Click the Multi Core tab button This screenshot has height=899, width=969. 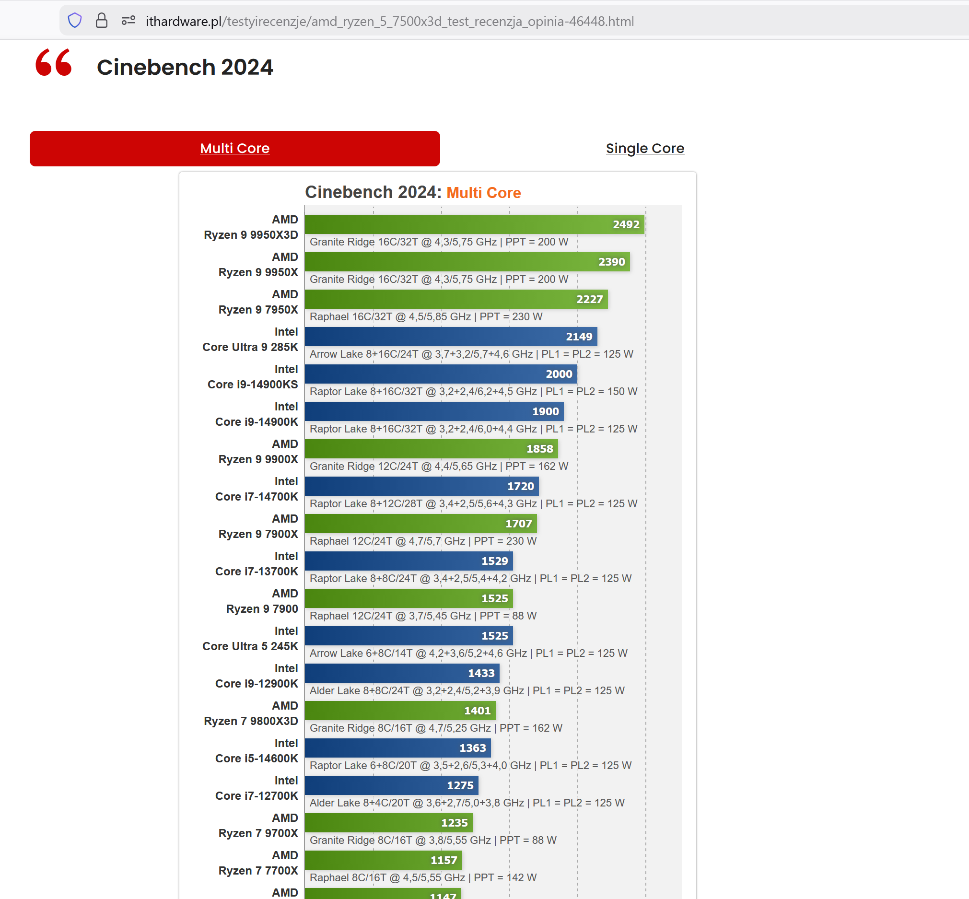234,148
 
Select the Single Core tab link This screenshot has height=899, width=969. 644,148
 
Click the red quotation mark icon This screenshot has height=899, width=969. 54,62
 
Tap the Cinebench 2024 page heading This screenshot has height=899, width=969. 185,67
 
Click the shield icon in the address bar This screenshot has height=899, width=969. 74,21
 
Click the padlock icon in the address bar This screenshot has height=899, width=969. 101,21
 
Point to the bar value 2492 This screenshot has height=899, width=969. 626,225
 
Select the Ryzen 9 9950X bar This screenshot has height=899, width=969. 467,262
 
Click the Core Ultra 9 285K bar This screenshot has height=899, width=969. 450,337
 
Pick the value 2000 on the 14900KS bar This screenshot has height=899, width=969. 559,374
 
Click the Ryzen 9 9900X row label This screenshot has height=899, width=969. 258,452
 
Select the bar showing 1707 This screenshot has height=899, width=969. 421,524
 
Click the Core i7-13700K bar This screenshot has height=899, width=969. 409,561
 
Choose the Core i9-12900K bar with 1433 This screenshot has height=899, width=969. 402,673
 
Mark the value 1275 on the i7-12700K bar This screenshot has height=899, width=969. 460,786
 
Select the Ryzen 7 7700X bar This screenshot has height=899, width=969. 383,860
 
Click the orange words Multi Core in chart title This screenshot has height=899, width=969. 483,193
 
